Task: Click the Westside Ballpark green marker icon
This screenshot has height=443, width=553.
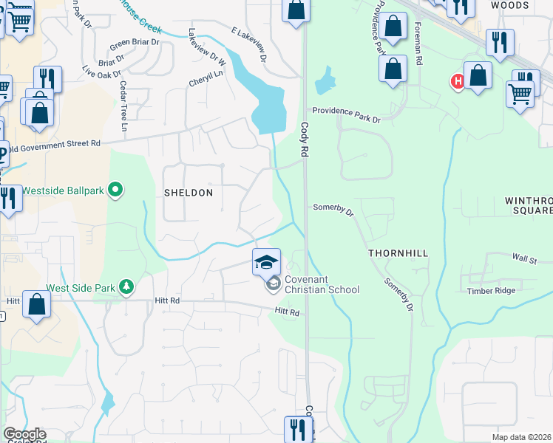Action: click(x=115, y=190)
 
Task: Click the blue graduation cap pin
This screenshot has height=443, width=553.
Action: click(x=266, y=262)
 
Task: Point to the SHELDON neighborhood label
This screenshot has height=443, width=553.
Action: click(x=188, y=193)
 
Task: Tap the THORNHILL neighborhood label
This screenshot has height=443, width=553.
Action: click(x=398, y=253)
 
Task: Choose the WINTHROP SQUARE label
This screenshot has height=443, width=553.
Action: click(x=528, y=205)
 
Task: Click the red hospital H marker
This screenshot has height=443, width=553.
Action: click(x=458, y=81)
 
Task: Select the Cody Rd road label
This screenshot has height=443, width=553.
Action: click(x=304, y=139)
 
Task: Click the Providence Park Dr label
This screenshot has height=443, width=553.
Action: click(x=345, y=110)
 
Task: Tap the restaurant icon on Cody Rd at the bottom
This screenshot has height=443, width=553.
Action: click(x=298, y=429)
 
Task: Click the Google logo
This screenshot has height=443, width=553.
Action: click(x=24, y=435)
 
